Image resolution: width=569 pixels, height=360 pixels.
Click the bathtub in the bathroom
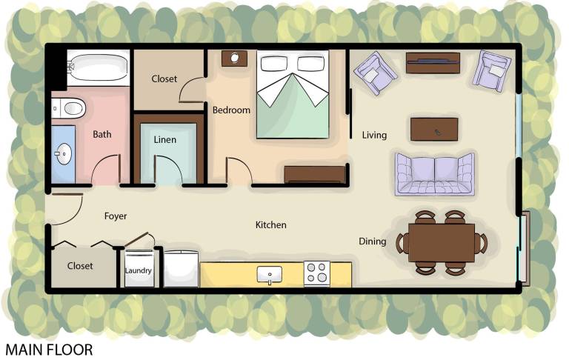[x=99, y=68]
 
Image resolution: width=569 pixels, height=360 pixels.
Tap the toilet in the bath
[x=69, y=108]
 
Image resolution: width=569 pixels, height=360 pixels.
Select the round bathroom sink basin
[x=64, y=154]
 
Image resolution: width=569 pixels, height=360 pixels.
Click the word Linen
[x=164, y=140]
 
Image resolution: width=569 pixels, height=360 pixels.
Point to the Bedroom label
[x=231, y=110]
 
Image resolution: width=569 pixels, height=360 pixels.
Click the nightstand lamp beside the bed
[x=234, y=58]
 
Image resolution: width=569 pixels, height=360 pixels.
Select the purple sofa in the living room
[x=435, y=175]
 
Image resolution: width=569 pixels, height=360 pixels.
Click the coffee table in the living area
[x=434, y=129]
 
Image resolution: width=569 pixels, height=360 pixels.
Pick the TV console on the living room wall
[x=433, y=63]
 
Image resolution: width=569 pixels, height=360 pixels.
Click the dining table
[x=442, y=243]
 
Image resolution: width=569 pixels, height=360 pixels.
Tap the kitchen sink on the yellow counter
[x=269, y=275]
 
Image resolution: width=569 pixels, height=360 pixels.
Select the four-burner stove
[x=317, y=273]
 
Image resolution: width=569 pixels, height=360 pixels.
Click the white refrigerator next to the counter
[x=181, y=269]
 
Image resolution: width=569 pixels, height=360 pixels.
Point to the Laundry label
[x=138, y=270]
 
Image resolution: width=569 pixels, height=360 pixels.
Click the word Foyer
[x=116, y=216]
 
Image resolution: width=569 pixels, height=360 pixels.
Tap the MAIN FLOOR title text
[x=49, y=350]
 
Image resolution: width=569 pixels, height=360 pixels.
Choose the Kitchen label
[x=270, y=225]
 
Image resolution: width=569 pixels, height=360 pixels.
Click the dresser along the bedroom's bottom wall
[x=315, y=175]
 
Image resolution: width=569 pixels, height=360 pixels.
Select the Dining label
[x=373, y=241]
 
